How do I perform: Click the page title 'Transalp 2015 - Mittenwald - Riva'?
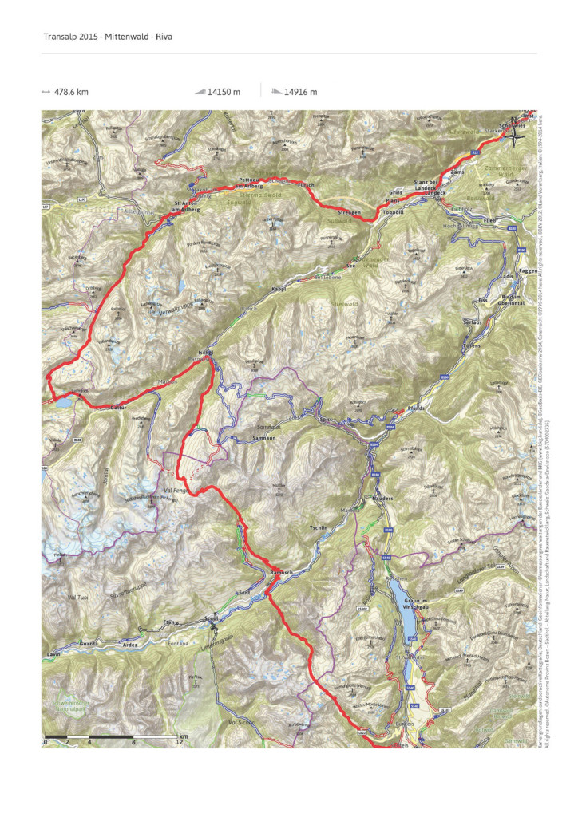(x=97, y=37)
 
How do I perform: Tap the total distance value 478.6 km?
(x=70, y=92)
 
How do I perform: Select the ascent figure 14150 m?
(x=224, y=92)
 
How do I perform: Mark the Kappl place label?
(x=279, y=289)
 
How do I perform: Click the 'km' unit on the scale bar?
(x=184, y=736)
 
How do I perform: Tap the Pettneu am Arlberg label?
(x=251, y=183)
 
